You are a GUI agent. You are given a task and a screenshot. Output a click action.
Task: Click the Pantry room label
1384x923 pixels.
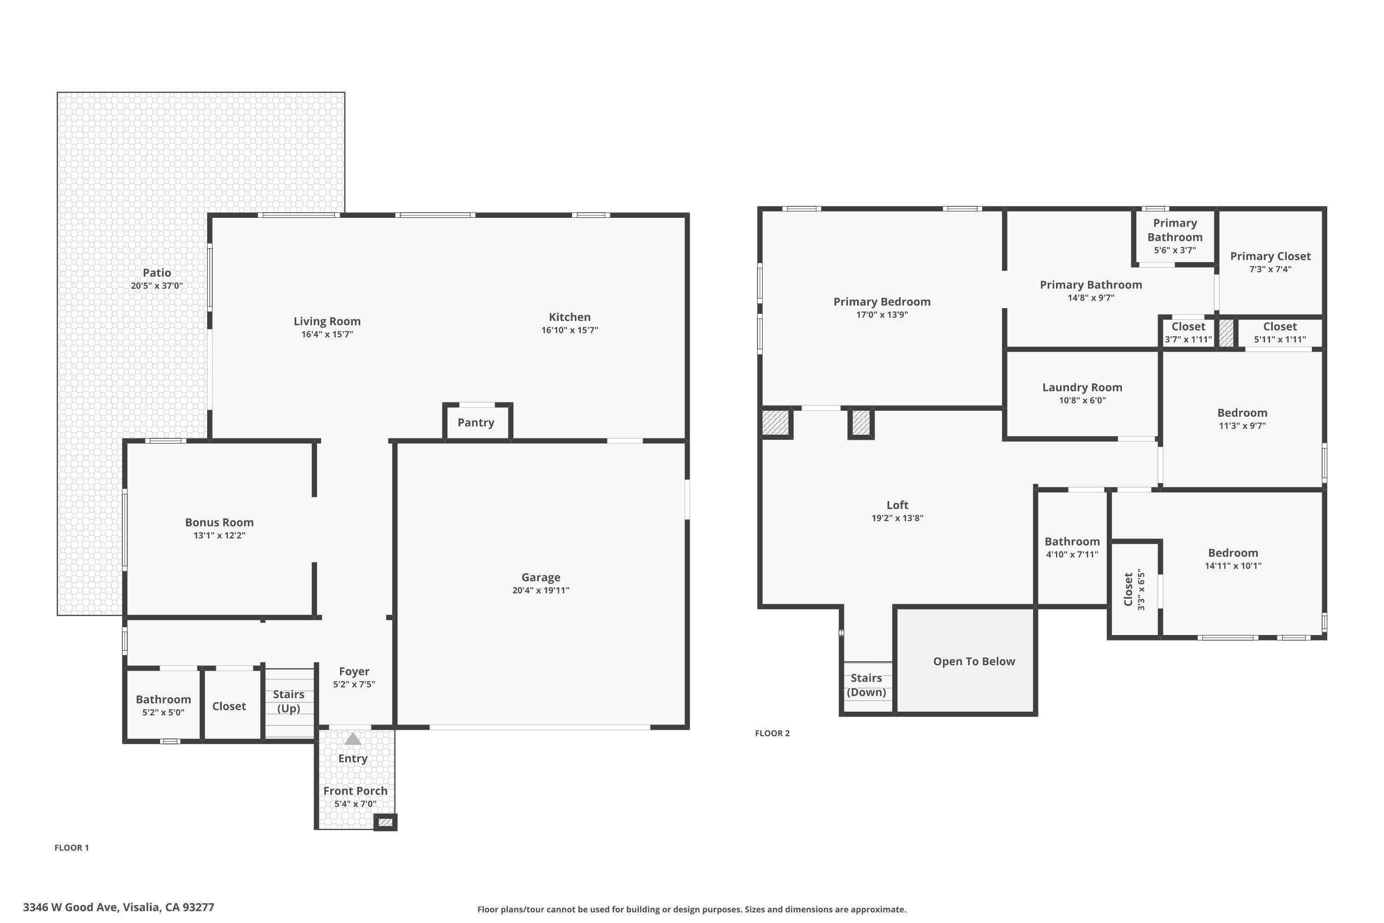click(x=476, y=423)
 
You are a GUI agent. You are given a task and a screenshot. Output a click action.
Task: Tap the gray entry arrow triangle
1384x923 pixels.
click(x=352, y=739)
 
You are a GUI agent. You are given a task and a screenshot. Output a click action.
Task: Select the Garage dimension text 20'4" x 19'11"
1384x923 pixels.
click(x=540, y=590)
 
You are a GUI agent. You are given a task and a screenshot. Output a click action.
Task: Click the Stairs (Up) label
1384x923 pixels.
click(x=288, y=701)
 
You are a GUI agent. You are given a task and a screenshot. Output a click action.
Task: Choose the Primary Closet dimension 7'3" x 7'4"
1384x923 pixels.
click(x=1270, y=269)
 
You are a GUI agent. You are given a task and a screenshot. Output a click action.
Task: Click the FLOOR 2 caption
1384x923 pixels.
click(x=772, y=733)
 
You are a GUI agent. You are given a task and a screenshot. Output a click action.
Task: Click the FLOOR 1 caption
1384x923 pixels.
click(x=71, y=848)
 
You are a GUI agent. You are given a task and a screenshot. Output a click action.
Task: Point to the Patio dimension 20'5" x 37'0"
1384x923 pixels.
click(x=156, y=286)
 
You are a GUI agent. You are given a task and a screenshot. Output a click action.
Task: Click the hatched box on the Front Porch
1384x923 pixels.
click(x=385, y=822)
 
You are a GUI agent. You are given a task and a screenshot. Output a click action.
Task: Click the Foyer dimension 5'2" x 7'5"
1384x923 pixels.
click(x=354, y=684)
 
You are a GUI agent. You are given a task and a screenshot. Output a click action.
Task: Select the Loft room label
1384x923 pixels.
click(x=897, y=505)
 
